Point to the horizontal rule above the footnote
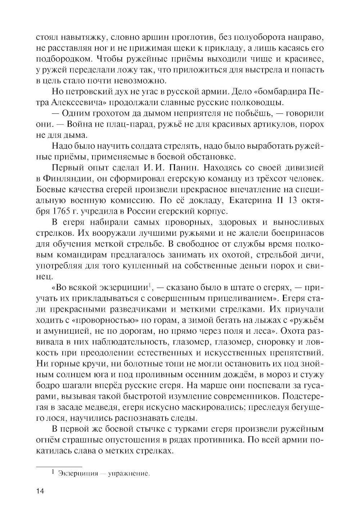point(59,467)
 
